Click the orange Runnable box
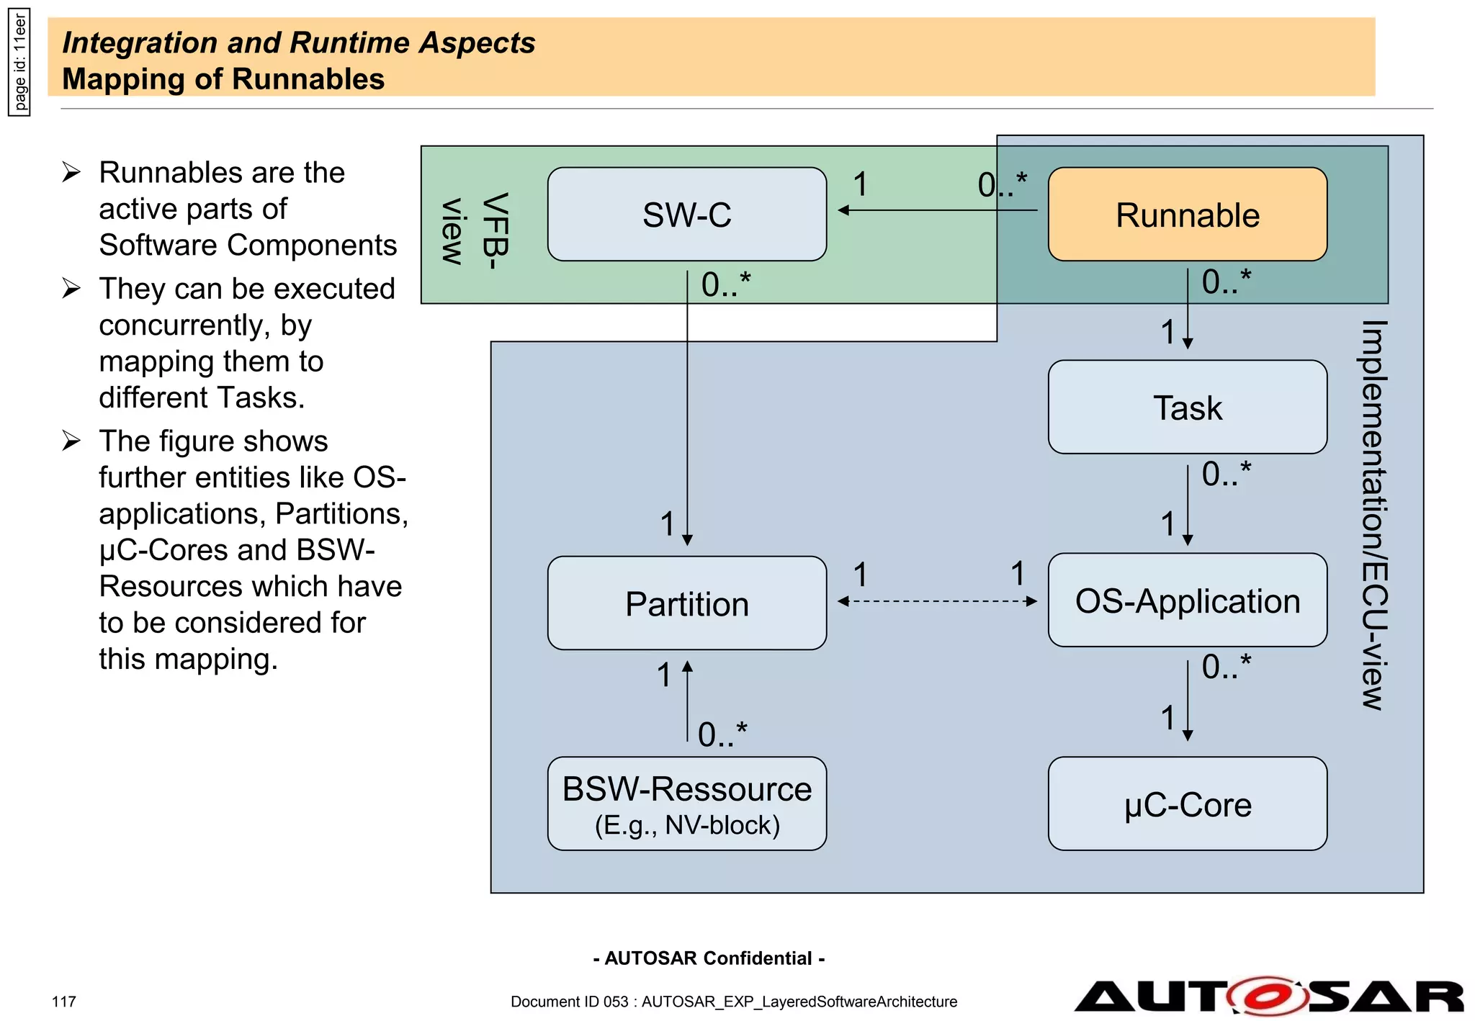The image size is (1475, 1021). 1187,215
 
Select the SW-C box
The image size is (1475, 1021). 686,215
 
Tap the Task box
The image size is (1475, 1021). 1187,407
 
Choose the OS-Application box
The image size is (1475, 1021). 1187,600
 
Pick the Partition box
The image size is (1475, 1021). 686,603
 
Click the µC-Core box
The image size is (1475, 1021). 1187,804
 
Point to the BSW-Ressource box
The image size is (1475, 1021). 686,804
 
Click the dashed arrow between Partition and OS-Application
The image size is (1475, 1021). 936,601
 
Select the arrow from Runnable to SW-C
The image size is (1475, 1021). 936,210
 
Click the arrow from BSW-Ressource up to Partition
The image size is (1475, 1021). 687,702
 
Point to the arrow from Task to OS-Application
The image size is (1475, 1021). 1188,504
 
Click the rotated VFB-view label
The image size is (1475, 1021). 475,229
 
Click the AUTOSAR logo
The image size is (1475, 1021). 1268,997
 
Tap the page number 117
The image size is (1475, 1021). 64,1002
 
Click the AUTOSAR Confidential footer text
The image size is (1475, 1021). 709,958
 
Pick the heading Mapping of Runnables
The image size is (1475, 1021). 223,79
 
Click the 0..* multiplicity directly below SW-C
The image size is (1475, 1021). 726,284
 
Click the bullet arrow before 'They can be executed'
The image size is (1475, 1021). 71,288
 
